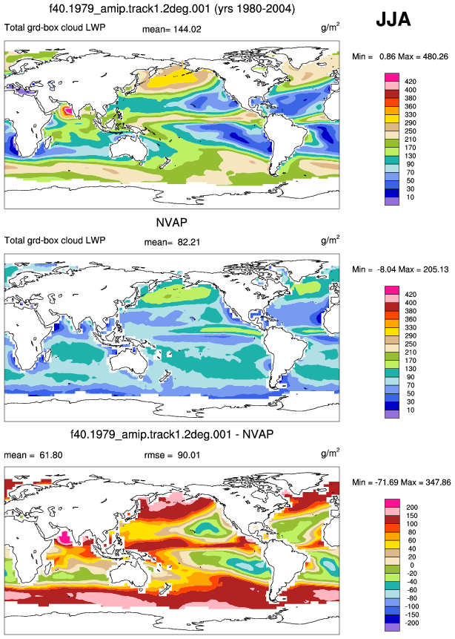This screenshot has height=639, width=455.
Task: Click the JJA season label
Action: [x=393, y=19]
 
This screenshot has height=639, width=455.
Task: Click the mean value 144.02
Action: [x=187, y=30]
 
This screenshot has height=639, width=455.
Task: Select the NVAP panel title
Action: [x=172, y=223]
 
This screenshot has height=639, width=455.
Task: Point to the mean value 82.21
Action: [x=188, y=242]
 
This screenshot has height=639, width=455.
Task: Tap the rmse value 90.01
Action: [x=188, y=455]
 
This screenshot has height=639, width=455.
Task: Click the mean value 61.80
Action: [x=51, y=455]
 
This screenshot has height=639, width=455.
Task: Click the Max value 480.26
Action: [x=436, y=56]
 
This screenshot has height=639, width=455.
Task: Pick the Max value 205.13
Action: [x=436, y=269]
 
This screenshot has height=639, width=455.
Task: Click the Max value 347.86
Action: [x=438, y=482]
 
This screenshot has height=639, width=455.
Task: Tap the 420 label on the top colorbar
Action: [x=411, y=82]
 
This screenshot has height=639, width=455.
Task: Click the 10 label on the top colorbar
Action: [x=411, y=197]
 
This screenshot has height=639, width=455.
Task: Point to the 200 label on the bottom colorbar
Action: [x=412, y=508]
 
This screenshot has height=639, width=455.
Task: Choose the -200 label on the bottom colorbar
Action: [x=412, y=623]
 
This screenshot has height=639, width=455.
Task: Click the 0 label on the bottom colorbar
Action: [x=412, y=566]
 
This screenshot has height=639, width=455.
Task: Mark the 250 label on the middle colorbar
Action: [x=411, y=344]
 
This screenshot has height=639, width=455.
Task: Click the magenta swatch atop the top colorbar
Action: [x=392, y=77]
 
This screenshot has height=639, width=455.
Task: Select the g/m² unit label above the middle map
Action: [x=330, y=240]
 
